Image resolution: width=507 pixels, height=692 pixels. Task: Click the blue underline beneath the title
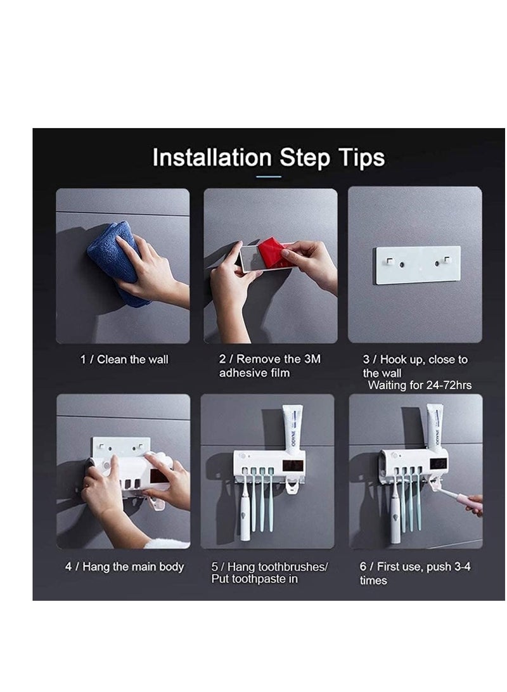(x=271, y=176)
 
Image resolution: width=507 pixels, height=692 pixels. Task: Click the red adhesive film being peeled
(x=274, y=252)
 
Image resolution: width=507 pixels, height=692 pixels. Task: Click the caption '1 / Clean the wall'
(x=124, y=359)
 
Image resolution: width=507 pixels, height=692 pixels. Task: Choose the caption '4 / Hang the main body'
(x=124, y=567)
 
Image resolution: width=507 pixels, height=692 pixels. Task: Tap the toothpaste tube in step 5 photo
(x=292, y=429)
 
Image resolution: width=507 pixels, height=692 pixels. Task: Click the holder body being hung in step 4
(x=124, y=472)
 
